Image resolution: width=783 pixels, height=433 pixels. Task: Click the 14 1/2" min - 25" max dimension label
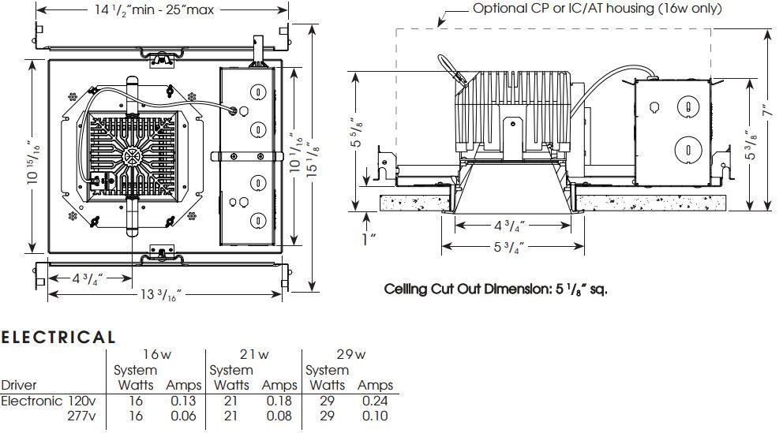154,10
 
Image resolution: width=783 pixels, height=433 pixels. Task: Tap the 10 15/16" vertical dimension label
33,161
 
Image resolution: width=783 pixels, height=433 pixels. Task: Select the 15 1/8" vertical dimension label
312,158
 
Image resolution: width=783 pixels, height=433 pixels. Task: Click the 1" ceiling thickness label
369,239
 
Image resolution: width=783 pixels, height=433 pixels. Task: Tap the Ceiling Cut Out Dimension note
496,289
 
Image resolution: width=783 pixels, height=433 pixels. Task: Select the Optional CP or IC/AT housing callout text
598,9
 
